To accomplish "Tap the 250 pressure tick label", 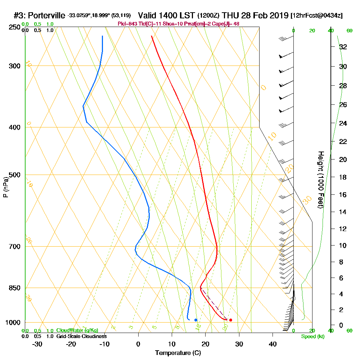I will pyautogui.click(x=15, y=27).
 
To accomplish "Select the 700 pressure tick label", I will pyautogui.click(x=15, y=247).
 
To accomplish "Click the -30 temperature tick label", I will pyautogui.click(x=37, y=344).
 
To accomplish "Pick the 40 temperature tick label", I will pyautogui.click(x=273, y=344).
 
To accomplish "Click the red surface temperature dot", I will pyautogui.click(x=230, y=320).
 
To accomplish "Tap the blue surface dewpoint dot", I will pyautogui.click(x=195, y=320).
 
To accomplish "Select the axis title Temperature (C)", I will pyautogui.click(x=178, y=353).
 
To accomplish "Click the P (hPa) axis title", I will pyautogui.click(x=5, y=187).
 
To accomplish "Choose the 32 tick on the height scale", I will pyautogui.click(x=343, y=47).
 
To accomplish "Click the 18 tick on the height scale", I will pyautogui.click(x=343, y=177).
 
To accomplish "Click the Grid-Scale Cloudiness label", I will pyautogui.click(x=81, y=336).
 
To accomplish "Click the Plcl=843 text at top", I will pyautogui.click(x=127, y=24).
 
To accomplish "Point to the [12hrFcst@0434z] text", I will pyautogui.click(x=316, y=15).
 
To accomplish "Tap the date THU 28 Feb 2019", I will pyautogui.click(x=255, y=15).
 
